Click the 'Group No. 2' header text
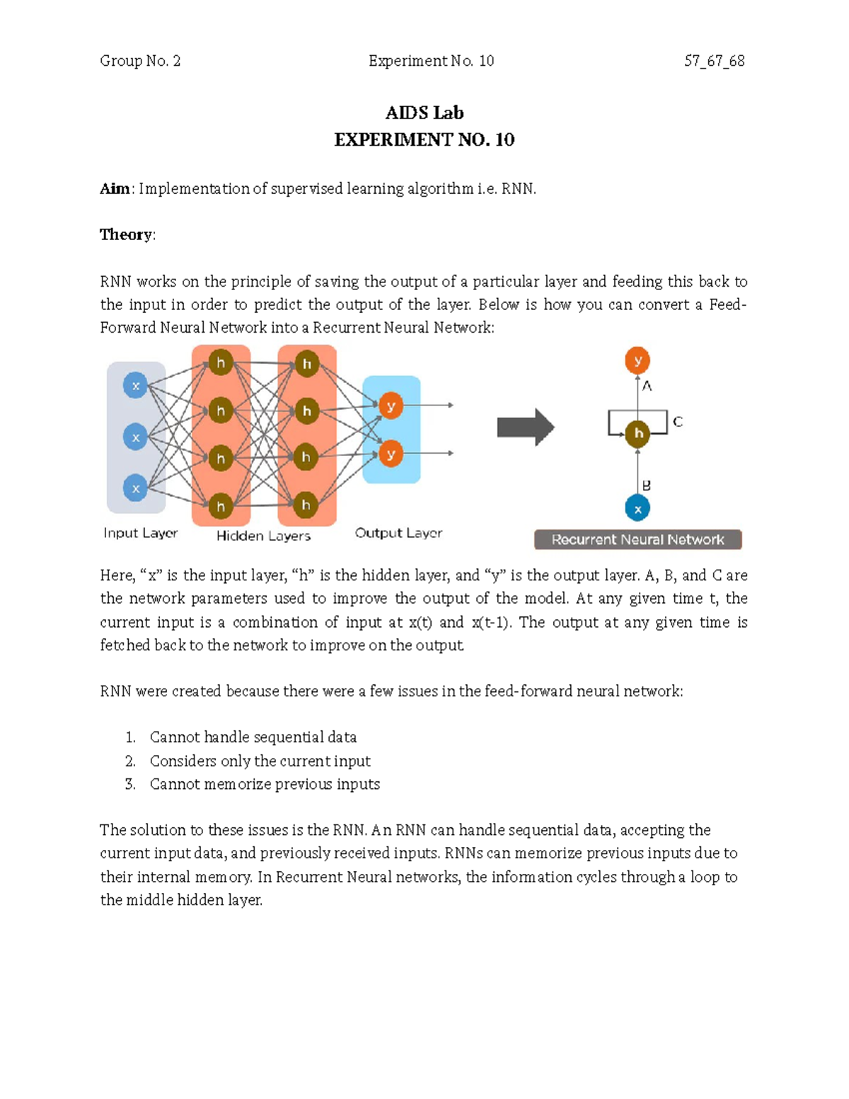(140, 61)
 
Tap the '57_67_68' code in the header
(714, 61)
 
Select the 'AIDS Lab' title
(424, 113)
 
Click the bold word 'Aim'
(114, 189)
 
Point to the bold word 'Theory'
(126, 235)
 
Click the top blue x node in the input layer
(135, 386)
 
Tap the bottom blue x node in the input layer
(135, 488)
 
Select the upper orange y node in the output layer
(391, 406)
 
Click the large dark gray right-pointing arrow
(525, 427)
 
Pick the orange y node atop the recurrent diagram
(637, 360)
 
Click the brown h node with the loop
(638, 433)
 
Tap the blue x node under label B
(637, 508)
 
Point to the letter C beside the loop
(678, 422)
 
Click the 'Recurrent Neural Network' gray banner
(637, 540)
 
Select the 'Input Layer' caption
(140, 533)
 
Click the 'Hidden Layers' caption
(263, 536)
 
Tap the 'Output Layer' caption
(398, 533)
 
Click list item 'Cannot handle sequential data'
(253, 737)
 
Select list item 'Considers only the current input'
(260, 761)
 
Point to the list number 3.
(129, 784)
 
